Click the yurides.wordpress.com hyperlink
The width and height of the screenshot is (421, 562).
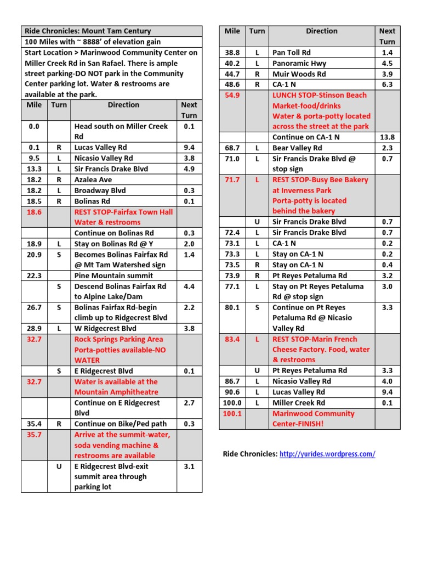(x=327, y=454)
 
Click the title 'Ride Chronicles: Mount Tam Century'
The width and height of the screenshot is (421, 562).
(x=88, y=31)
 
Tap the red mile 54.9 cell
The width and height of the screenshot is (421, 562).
(x=232, y=95)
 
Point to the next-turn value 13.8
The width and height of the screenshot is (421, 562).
(x=387, y=137)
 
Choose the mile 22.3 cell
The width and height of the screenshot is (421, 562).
(x=34, y=276)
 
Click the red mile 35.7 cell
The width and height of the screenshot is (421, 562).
(x=34, y=435)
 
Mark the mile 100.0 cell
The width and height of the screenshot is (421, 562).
(x=232, y=403)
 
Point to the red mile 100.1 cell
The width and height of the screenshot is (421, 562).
(x=232, y=413)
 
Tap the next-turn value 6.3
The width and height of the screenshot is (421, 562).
(x=387, y=85)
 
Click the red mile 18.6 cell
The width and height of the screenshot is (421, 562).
(x=34, y=211)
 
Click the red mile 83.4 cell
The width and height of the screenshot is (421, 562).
(x=232, y=339)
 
